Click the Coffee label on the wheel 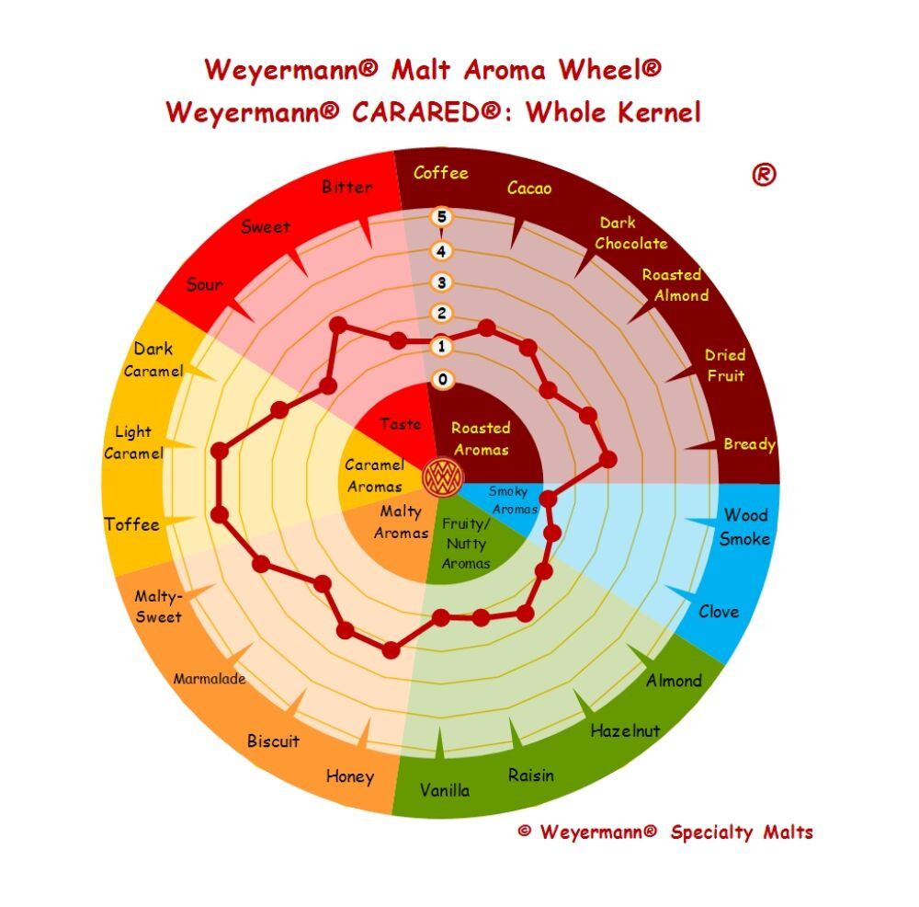point(441,173)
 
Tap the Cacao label point(529,188)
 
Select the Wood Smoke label point(745,527)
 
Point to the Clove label point(719,612)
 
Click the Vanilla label point(444,790)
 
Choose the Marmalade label point(210,679)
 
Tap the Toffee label point(131,524)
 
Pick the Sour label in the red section point(205,284)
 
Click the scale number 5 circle point(441,217)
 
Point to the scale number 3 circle point(441,282)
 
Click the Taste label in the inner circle point(400,423)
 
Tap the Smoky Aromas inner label point(513,499)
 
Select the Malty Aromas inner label point(402,522)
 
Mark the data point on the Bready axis point(608,459)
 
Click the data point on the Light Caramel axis point(220,451)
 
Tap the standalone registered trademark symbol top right point(764,174)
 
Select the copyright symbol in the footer point(525,831)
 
